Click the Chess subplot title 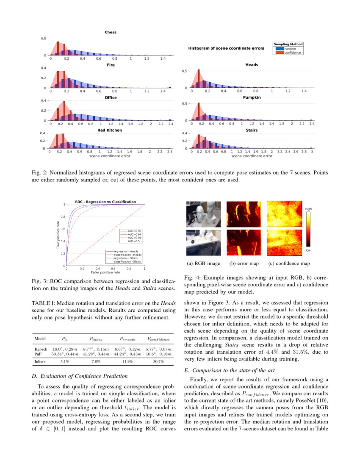pyautogui.click(x=111, y=32)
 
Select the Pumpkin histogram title pyautogui.click(x=252, y=97)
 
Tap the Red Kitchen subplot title pyautogui.click(x=110, y=130)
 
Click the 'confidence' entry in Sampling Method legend pyautogui.click(x=293, y=53)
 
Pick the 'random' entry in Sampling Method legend pyautogui.click(x=290, y=49)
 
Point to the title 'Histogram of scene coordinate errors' pyautogui.click(x=226, y=49)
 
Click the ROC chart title pyautogui.click(x=105, y=202)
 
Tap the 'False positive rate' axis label pyautogui.click(x=105, y=272)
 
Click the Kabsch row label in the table pyautogui.click(x=40, y=348)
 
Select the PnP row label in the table pyautogui.click(x=38, y=353)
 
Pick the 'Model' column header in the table pyautogui.click(x=40, y=339)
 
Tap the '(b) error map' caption pyautogui.click(x=244, y=264)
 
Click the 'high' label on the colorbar pyautogui.click(x=309, y=209)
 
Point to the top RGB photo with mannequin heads pyautogui.click(x=203, y=214)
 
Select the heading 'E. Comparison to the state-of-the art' pyautogui.click(x=229, y=370)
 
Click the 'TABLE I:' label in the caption pyautogui.click(x=43, y=302)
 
